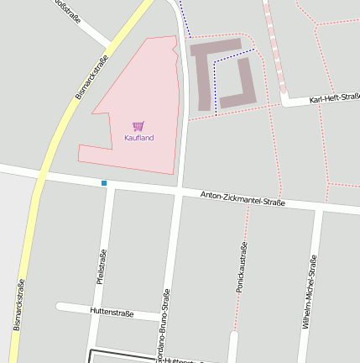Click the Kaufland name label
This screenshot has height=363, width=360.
click(x=138, y=138)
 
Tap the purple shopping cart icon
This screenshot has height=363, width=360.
click(x=138, y=126)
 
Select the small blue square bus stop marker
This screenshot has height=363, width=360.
click(x=104, y=183)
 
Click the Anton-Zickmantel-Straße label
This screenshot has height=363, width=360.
click(x=243, y=199)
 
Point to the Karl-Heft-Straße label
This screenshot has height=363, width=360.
click(x=334, y=99)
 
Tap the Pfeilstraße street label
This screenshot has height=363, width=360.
click(x=101, y=268)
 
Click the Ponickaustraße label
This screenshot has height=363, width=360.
click(x=242, y=267)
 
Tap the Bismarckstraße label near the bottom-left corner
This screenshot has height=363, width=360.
click(x=18, y=304)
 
